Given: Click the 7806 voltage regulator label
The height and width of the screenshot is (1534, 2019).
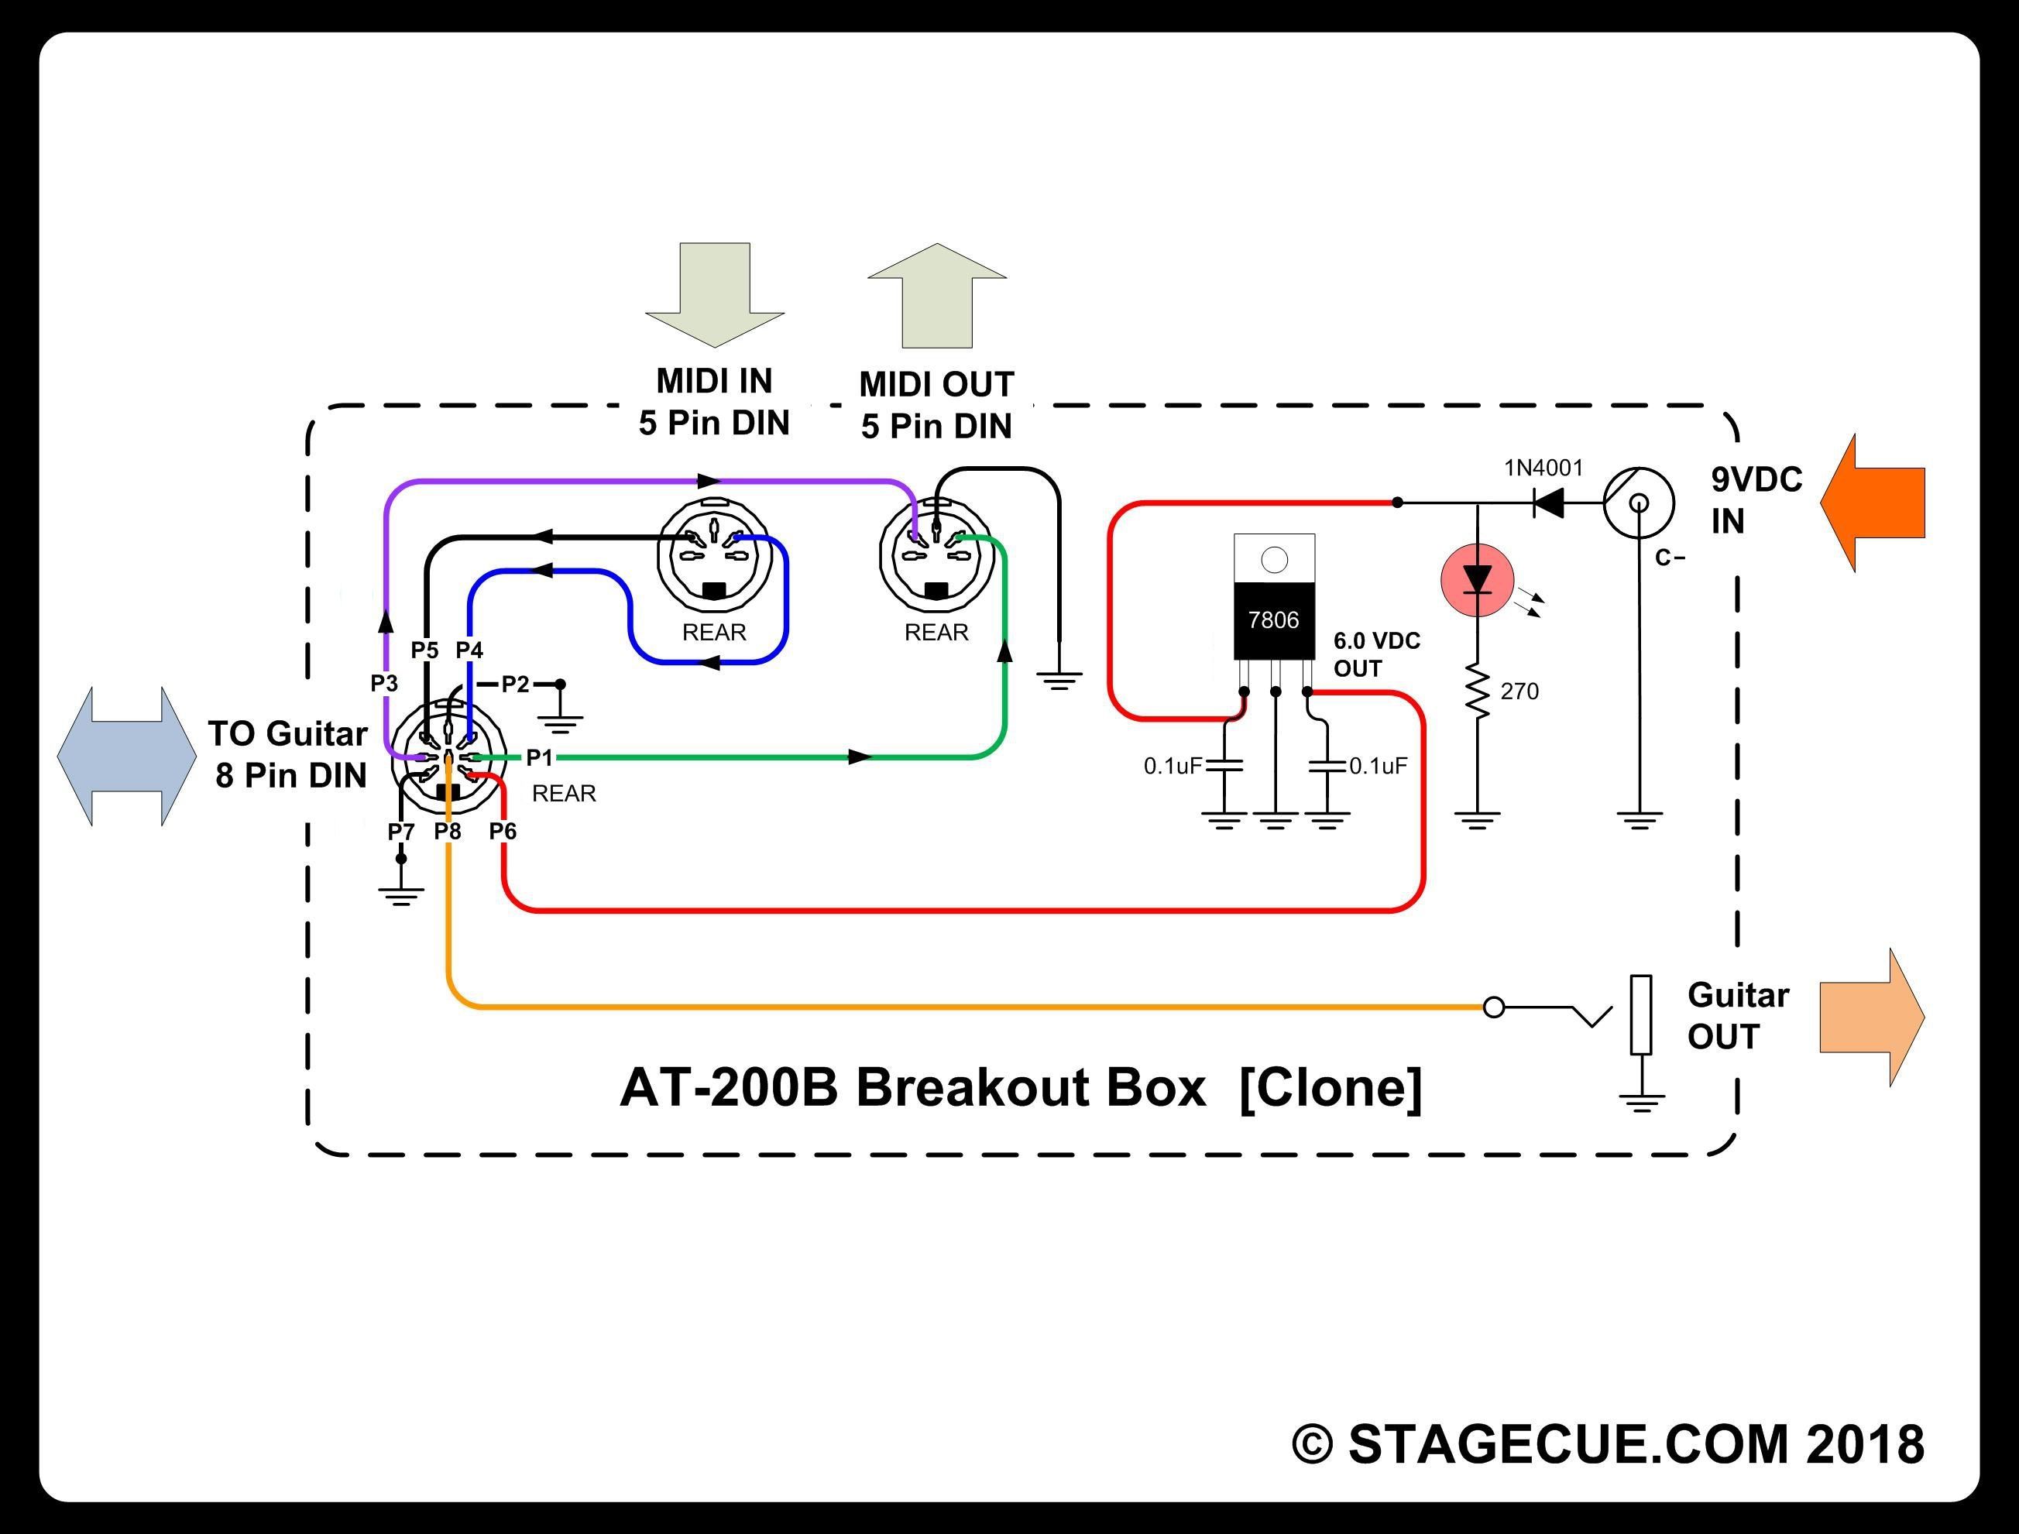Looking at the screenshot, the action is pyautogui.click(x=1273, y=620).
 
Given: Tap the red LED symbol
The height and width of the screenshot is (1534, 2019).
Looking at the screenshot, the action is pyautogui.click(x=1477, y=580).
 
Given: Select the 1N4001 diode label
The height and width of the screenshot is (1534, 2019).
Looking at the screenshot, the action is pyautogui.click(x=1543, y=468).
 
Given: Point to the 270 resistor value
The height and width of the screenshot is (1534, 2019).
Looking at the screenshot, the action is pyautogui.click(x=1519, y=692).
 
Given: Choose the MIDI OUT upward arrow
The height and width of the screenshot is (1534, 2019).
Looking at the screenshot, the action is pyautogui.click(x=937, y=296).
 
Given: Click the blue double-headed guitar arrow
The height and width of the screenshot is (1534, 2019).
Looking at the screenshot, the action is pyautogui.click(x=127, y=757).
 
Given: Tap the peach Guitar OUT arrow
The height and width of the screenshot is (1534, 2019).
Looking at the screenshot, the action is pyautogui.click(x=1872, y=1018).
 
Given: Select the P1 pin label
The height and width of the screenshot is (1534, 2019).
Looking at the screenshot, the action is pyautogui.click(x=540, y=757).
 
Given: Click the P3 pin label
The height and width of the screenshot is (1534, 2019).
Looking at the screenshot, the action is pyautogui.click(x=384, y=683).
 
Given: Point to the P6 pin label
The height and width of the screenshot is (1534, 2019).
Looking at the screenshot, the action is pyautogui.click(x=503, y=831).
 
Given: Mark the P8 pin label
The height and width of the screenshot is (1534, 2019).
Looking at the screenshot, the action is pyautogui.click(x=448, y=831).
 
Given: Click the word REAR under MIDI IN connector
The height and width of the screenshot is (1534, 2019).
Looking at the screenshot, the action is pyautogui.click(x=714, y=632).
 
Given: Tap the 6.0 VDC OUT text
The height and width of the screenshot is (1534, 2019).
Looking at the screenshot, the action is pyautogui.click(x=1377, y=654).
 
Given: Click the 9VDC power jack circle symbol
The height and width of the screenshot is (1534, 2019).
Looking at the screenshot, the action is pyautogui.click(x=1639, y=503).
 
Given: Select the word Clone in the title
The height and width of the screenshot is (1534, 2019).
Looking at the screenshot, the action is pyautogui.click(x=1331, y=1087).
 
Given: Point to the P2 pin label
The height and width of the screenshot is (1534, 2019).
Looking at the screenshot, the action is pyautogui.click(x=516, y=684).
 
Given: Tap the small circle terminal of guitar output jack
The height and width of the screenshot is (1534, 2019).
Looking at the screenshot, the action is pyautogui.click(x=1494, y=1007).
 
